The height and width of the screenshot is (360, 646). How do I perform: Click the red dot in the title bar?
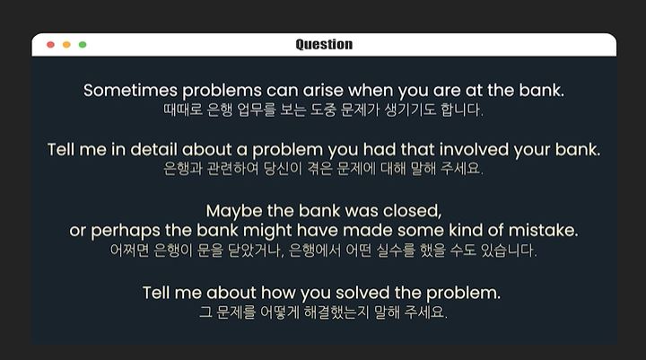pos(50,45)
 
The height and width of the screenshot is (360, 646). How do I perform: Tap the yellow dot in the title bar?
pos(66,45)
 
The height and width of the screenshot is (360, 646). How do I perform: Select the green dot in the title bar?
pos(83,45)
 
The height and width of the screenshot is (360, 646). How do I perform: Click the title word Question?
pos(324,45)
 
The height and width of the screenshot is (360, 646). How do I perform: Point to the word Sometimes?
pos(131,91)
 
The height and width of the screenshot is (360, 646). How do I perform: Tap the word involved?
pos(474,149)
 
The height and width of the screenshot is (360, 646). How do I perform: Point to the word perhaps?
pos(126,231)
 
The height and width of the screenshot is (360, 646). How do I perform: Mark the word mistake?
pos(543,230)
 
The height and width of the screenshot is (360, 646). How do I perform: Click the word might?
pos(267,231)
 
